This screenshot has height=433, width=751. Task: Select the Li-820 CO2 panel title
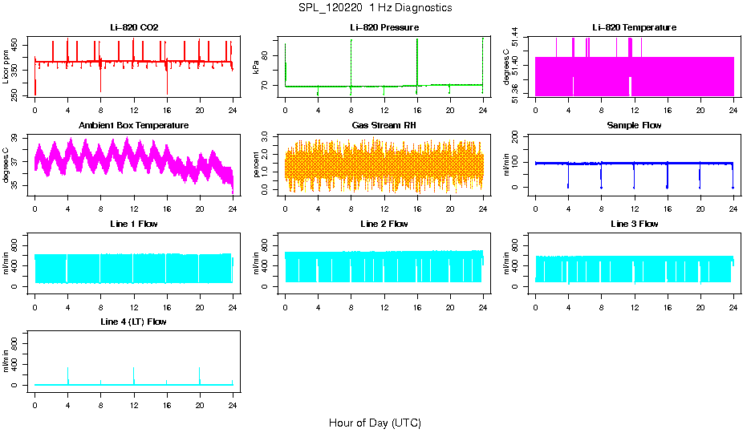point(134,28)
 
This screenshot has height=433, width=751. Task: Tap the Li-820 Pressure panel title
point(384,28)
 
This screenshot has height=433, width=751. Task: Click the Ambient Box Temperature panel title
point(134,126)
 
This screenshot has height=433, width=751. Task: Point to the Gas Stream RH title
point(384,126)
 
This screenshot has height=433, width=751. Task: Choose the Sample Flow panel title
point(635,126)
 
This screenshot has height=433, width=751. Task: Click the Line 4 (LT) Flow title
point(134,322)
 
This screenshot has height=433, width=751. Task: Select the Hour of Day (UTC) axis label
point(375,423)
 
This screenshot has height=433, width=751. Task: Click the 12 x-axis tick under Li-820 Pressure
point(384,103)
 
